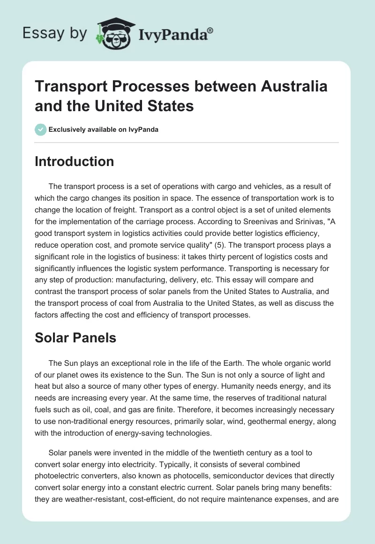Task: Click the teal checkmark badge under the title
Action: click(x=41, y=129)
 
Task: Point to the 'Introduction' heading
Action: click(x=74, y=161)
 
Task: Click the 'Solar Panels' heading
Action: click(x=75, y=337)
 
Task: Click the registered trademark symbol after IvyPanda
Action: click(x=210, y=29)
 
